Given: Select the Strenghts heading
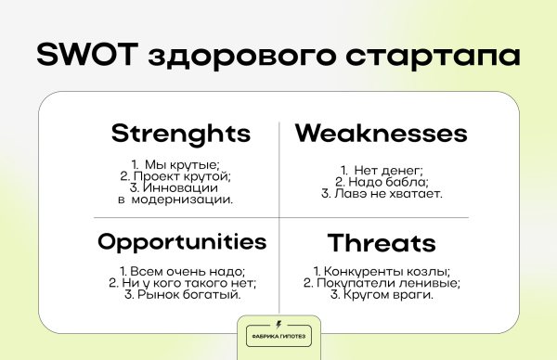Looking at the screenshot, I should click(181, 133).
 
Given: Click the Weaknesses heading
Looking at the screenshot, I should click(381, 133).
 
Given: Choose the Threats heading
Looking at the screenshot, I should click(381, 244).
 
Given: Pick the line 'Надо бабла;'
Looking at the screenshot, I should click(382, 182).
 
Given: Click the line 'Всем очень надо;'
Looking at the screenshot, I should click(182, 272).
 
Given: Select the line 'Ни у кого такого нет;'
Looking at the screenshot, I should click(182, 283).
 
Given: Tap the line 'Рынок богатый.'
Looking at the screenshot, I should click(182, 295).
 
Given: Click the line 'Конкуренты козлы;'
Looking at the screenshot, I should click(382, 272).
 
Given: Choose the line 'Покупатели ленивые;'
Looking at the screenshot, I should click(382, 283).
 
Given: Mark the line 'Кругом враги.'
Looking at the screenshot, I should click(382, 295).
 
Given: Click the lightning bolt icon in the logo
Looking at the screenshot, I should click(278, 325).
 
